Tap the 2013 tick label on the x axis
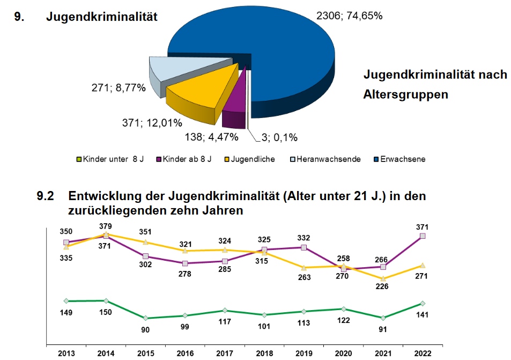coord(66,353)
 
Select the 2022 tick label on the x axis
coord(423,353)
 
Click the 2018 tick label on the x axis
coord(264,353)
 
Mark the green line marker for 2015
coord(146,318)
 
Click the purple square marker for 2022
coord(423,236)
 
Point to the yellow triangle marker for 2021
coord(383,278)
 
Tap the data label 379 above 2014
coord(106,225)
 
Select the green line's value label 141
coord(423,315)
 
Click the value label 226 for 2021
coord(383,286)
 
